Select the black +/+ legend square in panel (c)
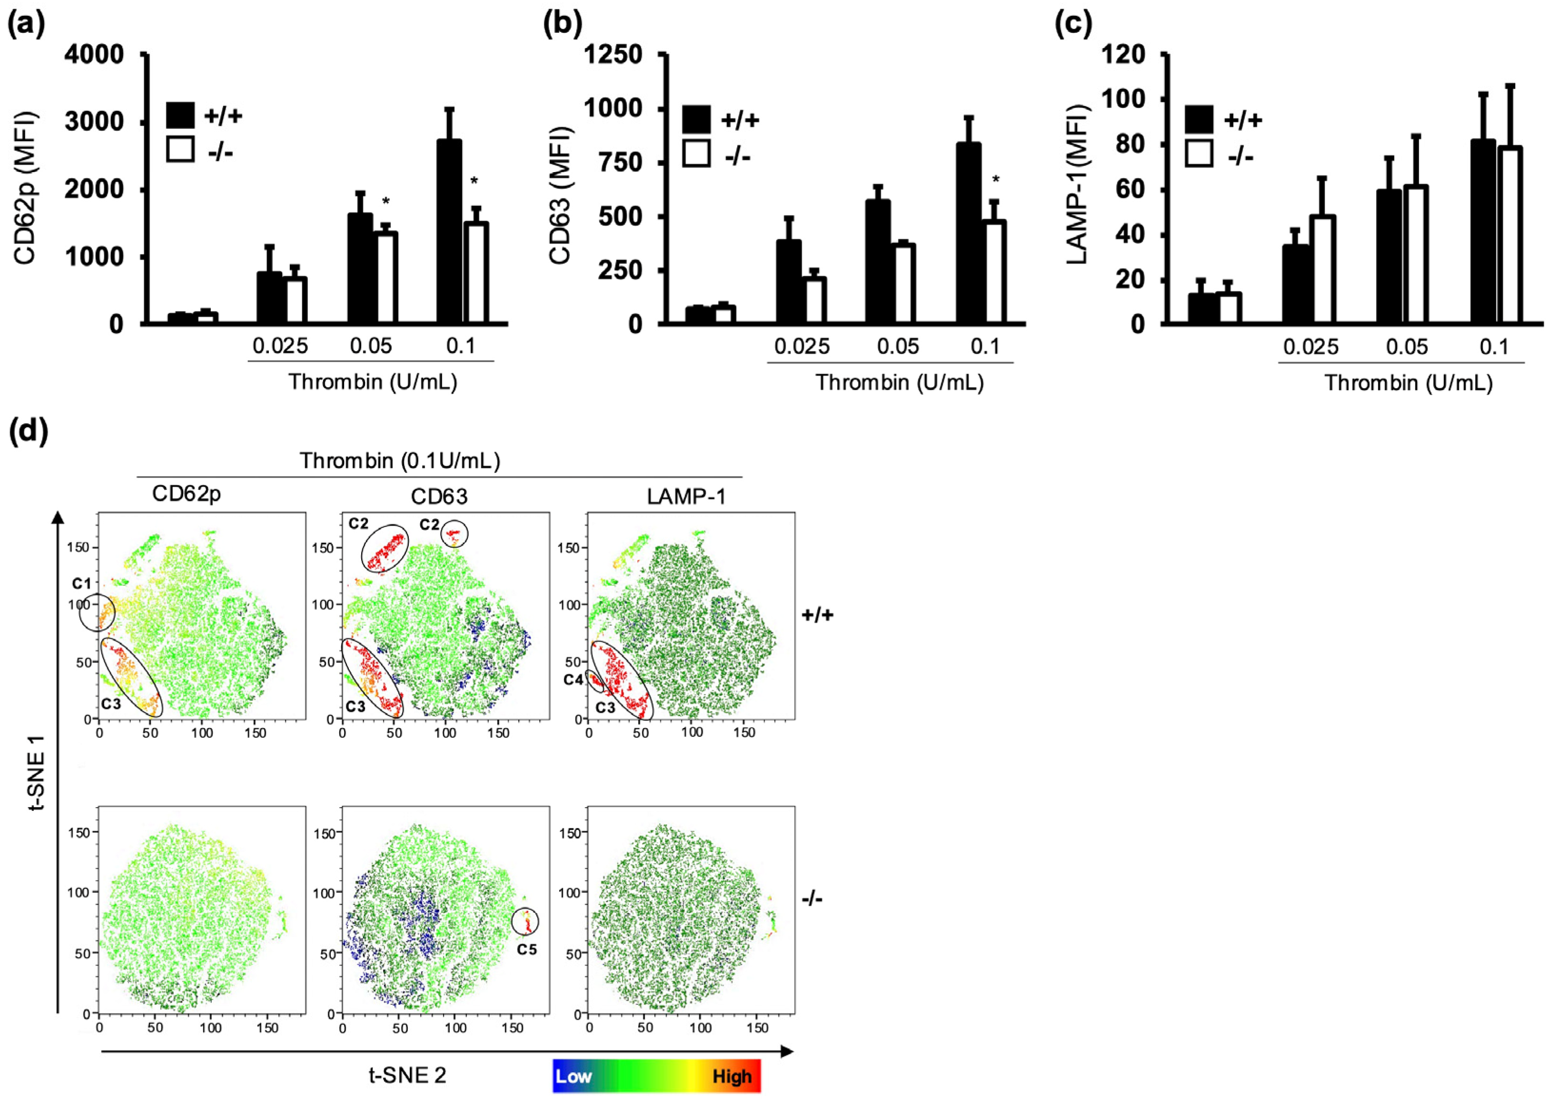(1199, 119)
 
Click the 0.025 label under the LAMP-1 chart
(1310, 347)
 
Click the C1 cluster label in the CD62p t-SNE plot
(81, 584)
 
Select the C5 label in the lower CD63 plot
(527, 949)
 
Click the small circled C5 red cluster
(525, 922)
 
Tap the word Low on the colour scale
(573, 1076)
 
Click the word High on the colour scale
(732, 1076)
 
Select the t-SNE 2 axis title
(407, 1075)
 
